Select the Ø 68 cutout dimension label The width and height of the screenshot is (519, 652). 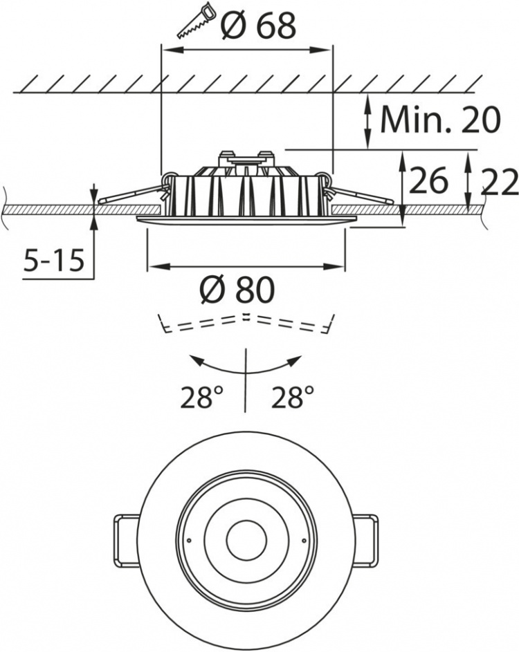pyautogui.click(x=259, y=26)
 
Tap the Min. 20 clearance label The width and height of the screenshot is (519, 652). pyautogui.click(x=440, y=120)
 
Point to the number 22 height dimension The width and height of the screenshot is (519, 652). pyautogui.click(x=497, y=183)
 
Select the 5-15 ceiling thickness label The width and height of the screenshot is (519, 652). pyautogui.click(x=53, y=261)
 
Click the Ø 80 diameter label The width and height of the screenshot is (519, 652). pyautogui.click(x=237, y=290)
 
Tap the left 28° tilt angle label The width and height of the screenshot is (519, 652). pyautogui.click(x=203, y=398)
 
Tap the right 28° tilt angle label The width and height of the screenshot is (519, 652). pyautogui.click(x=293, y=398)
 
